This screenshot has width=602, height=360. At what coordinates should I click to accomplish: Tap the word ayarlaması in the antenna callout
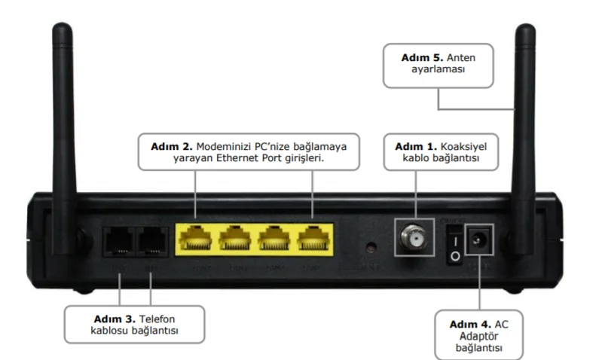pyautogui.click(x=438, y=69)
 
